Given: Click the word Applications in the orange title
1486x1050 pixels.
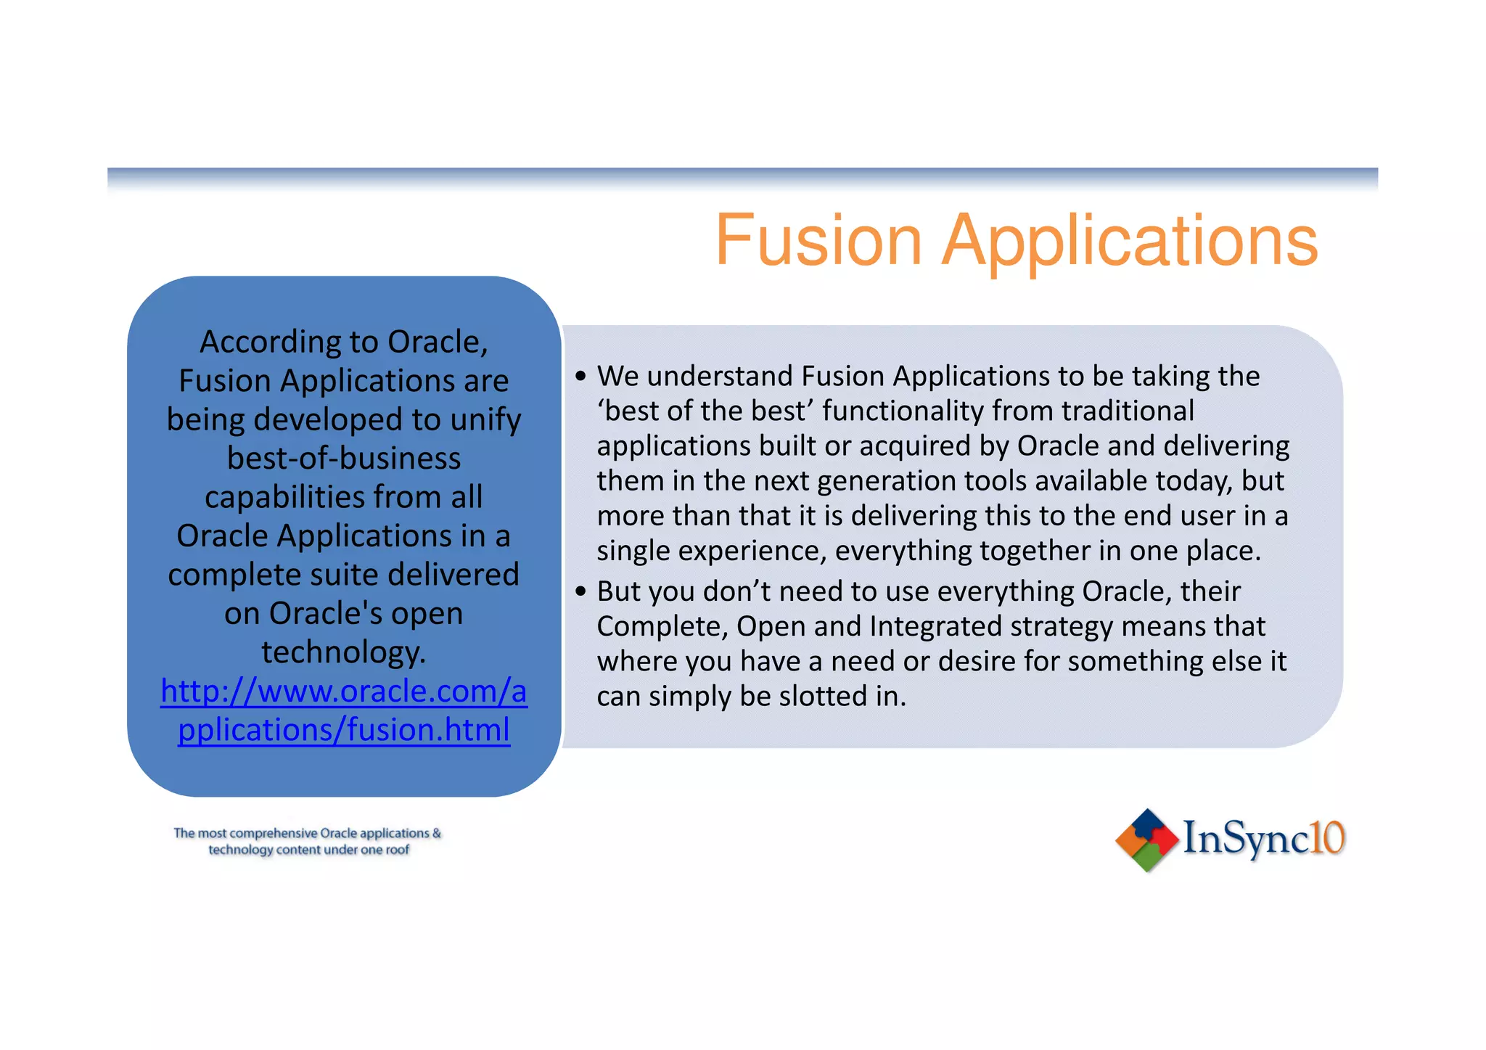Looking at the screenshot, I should [1130, 242].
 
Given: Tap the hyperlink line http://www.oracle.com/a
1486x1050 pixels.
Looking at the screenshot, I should [343, 691].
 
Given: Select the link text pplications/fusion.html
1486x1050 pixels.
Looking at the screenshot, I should [343, 730].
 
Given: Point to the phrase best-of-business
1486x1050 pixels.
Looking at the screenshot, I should [343, 459].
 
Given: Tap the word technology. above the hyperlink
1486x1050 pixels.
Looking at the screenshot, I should [343, 652].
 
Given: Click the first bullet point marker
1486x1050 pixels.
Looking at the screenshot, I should [580, 377].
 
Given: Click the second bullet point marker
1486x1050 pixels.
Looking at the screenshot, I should [580, 591].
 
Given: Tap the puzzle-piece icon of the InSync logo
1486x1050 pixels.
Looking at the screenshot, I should [1146, 840].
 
